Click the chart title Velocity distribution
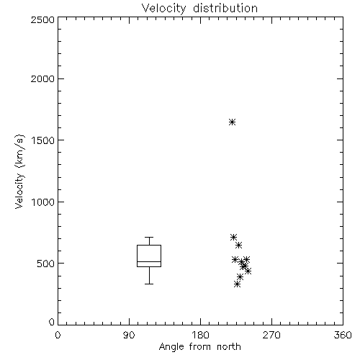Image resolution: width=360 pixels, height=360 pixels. (x=199, y=9)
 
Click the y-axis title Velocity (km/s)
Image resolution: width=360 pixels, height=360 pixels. (x=19, y=171)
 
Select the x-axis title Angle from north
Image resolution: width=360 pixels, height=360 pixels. (x=199, y=347)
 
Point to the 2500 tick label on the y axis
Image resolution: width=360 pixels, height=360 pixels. (x=42, y=19)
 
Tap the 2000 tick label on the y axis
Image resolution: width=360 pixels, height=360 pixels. (x=42, y=78)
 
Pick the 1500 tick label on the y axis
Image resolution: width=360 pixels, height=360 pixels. (x=43, y=140)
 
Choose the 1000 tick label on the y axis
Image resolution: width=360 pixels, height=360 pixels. (x=43, y=202)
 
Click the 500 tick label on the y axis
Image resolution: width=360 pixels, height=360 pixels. (x=46, y=264)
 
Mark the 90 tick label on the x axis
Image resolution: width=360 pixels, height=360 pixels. (x=129, y=335)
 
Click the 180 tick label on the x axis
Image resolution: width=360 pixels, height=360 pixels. (x=200, y=335)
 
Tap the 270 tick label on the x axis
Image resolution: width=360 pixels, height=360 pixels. (x=271, y=335)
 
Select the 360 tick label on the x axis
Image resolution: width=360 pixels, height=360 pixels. (x=343, y=335)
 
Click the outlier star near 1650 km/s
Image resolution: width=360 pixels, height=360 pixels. (x=232, y=122)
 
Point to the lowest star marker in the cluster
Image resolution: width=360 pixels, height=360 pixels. (x=237, y=284)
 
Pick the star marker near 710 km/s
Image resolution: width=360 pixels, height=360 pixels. (x=233, y=238)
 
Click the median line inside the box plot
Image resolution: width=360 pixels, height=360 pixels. (x=149, y=261)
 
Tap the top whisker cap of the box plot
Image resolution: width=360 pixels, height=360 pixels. (x=149, y=238)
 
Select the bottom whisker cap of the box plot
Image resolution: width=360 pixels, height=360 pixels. (x=149, y=284)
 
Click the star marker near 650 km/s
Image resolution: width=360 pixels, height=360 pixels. (x=238, y=246)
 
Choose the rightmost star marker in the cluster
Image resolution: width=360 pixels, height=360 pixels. (x=248, y=271)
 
